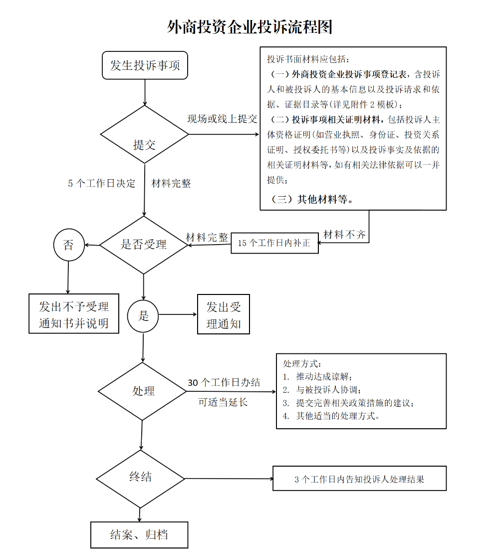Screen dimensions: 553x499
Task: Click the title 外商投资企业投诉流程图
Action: [249, 26]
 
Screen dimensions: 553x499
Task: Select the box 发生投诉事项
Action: [145, 65]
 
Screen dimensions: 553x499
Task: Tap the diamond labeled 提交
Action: [144, 134]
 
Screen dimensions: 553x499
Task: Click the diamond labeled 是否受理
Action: [144, 245]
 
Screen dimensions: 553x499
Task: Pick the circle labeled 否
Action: [68, 245]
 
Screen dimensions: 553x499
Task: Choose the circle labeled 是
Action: [143, 315]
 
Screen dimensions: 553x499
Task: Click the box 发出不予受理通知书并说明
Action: [74, 313]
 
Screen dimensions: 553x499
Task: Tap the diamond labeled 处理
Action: [143, 391]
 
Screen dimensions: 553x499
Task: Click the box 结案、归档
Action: [139, 535]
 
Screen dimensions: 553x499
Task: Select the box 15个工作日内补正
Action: [274, 244]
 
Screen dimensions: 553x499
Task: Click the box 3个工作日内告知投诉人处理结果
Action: [359, 479]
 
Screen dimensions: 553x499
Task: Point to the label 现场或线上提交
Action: [222, 119]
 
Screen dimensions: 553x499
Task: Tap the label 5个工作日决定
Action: [102, 183]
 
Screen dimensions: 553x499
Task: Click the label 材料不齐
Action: [344, 234]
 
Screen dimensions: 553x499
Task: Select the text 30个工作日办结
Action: [224, 383]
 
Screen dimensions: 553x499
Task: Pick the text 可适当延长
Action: [223, 402]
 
